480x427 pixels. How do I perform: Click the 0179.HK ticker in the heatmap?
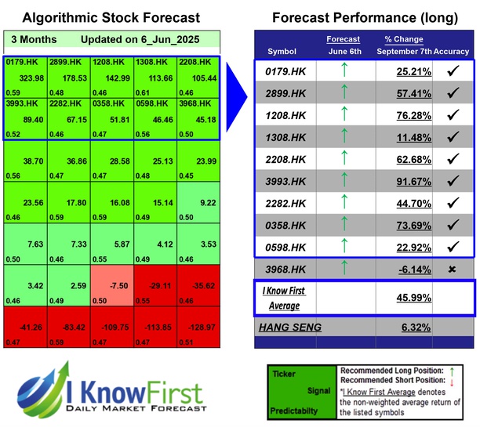pos(24,60)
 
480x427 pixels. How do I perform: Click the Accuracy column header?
pos(453,51)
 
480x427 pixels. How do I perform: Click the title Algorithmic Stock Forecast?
pos(111,16)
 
